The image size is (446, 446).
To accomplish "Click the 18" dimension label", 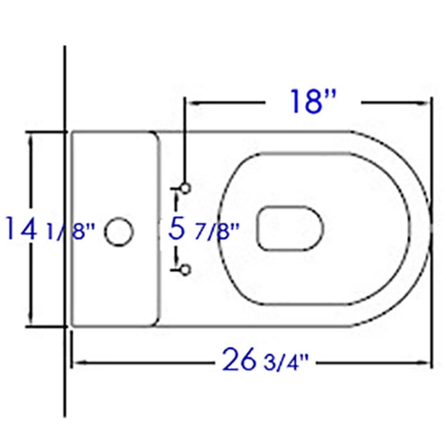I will (x=312, y=101).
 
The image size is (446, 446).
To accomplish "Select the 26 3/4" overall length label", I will (x=266, y=362).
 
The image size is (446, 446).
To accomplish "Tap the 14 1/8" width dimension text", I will (x=51, y=229).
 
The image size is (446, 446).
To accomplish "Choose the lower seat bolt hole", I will (x=186, y=269).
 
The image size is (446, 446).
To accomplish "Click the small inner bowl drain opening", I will (x=290, y=228).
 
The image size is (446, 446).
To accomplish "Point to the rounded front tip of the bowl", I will (x=430, y=229).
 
